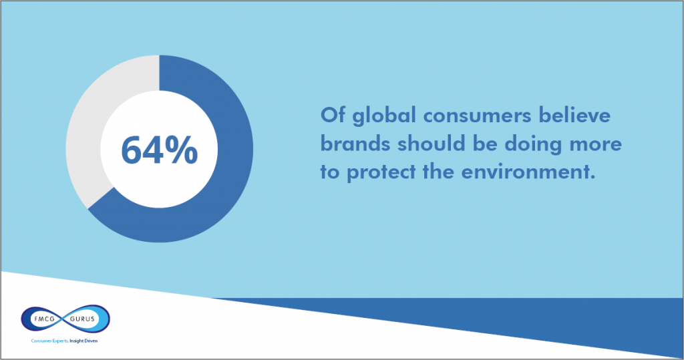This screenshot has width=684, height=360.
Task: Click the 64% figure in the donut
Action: (159, 150)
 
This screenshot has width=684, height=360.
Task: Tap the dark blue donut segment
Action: (231, 174)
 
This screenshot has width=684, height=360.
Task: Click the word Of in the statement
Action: (333, 115)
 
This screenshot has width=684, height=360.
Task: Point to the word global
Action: (384, 117)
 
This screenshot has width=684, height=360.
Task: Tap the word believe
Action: (574, 115)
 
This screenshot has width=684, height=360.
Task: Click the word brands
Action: (355, 144)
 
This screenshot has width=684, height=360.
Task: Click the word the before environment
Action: (438, 172)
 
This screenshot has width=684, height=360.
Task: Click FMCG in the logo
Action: (45, 319)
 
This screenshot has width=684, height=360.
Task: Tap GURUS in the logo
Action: (82, 319)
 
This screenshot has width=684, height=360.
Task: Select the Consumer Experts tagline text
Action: (49, 341)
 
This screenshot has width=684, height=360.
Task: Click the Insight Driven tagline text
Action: (83, 341)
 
